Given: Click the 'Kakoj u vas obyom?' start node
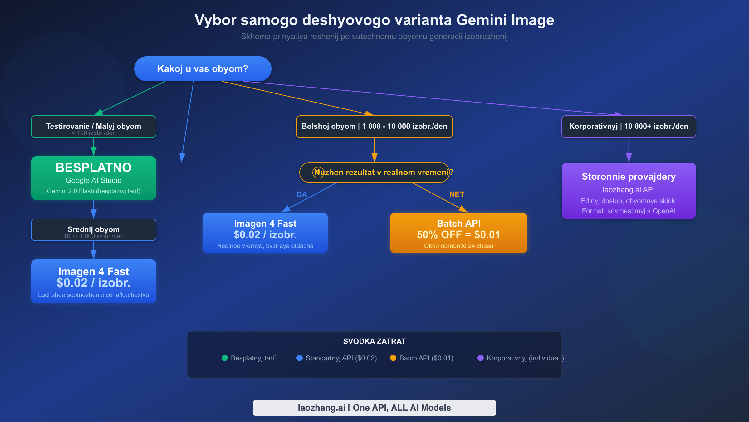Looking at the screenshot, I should [x=203, y=69].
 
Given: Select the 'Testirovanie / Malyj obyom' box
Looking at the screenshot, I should [x=94, y=127].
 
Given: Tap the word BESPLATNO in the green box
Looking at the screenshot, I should [x=94, y=168].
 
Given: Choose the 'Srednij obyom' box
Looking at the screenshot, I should [x=94, y=230].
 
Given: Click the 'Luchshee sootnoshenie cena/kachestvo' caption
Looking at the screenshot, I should [x=94, y=295].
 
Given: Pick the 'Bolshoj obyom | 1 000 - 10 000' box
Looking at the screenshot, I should [x=374, y=127].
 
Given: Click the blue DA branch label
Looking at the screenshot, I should [x=302, y=194].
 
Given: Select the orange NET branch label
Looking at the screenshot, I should [x=457, y=194].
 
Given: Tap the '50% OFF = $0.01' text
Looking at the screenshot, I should [x=458, y=235].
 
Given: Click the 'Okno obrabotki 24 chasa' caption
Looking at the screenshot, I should [x=458, y=246].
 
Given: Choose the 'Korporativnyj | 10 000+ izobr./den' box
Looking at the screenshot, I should [x=629, y=127].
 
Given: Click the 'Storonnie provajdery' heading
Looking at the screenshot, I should [x=629, y=177].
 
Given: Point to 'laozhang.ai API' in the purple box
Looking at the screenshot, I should [x=629, y=190].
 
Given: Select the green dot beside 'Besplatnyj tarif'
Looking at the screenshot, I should [x=225, y=358].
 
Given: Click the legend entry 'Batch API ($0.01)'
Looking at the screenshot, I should [x=426, y=358].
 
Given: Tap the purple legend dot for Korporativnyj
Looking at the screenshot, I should [x=481, y=358].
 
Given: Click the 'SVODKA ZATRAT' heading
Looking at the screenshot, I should [x=374, y=341].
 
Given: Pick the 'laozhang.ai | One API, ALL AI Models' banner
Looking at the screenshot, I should [x=374, y=408].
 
